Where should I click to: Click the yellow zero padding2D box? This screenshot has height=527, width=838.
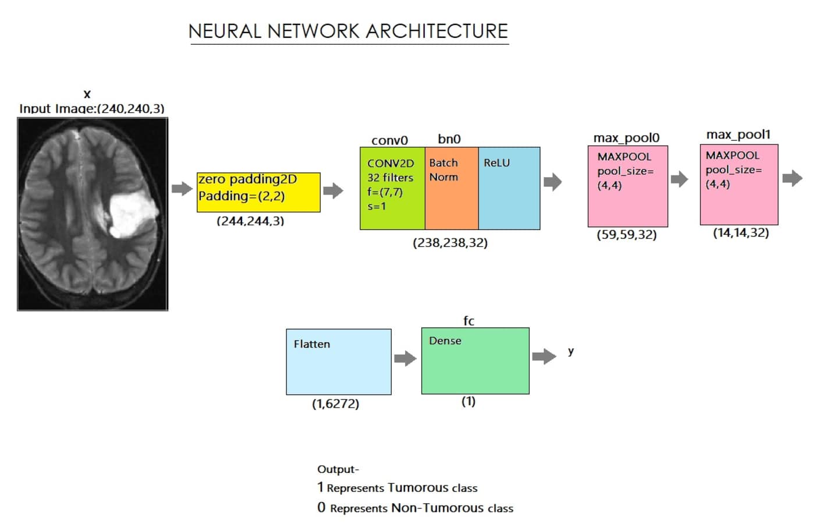click(x=258, y=192)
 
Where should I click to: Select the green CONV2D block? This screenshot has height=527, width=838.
click(x=392, y=188)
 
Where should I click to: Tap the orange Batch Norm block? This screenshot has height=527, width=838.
click(x=452, y=188)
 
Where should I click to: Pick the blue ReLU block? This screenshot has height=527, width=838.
click(x=509, y=188)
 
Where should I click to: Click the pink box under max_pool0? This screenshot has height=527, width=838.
click(x=628, y=186)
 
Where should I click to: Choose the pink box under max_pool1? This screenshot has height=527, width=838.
click(x=739, y=185)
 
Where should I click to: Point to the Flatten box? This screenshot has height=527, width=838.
click(x=339, y=362)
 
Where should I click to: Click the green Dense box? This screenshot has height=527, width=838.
click(x=475, y=361)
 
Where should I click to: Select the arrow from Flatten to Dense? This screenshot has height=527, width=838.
click(x=406, y=358)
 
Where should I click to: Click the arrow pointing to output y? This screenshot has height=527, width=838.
click(x=544, y=356)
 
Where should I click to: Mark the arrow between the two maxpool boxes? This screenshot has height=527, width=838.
click(x=679, y=179)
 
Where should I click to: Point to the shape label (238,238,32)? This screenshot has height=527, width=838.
click(x=450, y=243)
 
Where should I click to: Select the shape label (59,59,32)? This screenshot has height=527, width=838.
click(x=627, y=235)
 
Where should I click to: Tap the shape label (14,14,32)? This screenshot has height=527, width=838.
click(x=741, y=233)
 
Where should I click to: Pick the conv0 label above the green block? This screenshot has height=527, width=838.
click(x=390, y=140)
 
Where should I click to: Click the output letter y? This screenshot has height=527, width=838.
click(x=571, y=351)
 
